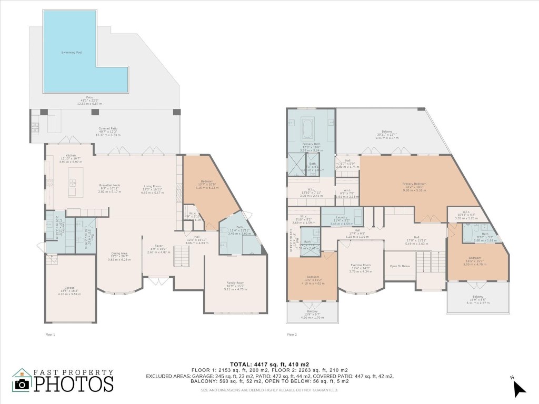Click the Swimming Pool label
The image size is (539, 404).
point(72,53)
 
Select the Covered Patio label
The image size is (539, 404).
point(108,129)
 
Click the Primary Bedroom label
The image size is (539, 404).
point(414,184)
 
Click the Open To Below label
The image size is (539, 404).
point(400,266)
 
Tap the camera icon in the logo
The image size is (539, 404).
point(22,384)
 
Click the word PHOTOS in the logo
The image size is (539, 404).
point(74,383)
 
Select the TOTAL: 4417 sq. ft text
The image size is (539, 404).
point(269,364)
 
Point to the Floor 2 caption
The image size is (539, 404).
point(292,334)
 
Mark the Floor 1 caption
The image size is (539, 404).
point(51,334)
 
